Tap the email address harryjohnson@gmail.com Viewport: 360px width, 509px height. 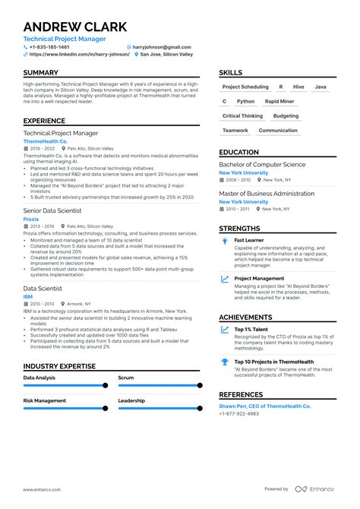[161, 46]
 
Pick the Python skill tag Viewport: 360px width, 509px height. [245, 101]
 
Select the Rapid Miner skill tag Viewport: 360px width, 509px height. [279, 101]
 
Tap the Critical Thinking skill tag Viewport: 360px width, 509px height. [242, 115]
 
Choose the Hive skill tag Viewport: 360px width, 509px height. [298, 87]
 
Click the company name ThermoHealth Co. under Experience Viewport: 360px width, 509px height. [46, 141]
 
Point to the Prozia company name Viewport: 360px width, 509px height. [31, 219]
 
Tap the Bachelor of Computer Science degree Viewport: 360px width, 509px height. [262, 164]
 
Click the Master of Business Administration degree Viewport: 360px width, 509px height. [266, 193]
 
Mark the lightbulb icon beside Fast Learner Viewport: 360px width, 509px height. [225, 240]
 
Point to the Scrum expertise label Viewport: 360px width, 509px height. [126, 377]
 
